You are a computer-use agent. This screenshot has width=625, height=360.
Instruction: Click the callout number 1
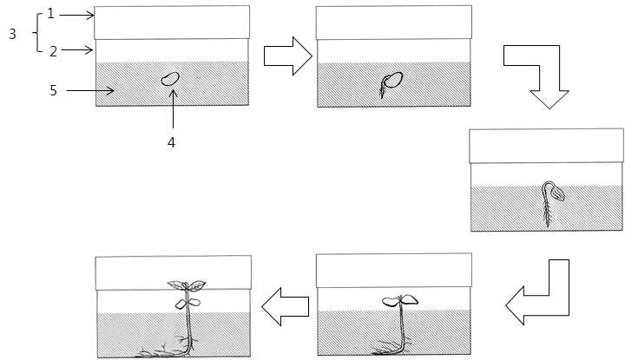[x=50, y=14]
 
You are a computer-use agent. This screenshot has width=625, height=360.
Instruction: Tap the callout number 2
[x=54, y=51]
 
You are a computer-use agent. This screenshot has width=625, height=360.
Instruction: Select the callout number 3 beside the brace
[x=12, y=34]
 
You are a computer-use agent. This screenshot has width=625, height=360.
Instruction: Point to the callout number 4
[x=171, y=142]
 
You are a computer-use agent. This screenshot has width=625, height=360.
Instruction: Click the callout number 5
[x=54, y=90]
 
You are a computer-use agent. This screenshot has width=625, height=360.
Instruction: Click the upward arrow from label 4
[x=173, y=108]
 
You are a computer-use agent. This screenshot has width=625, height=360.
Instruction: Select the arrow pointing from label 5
[x=90, y=91]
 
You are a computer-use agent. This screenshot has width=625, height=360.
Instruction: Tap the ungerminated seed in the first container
[x=171, y=79]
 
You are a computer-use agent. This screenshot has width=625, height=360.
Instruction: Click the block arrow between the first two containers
[x=288, y=56]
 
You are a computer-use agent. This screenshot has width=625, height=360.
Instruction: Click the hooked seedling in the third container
[x=552, y=203]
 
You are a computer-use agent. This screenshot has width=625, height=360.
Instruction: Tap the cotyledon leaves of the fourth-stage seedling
[x=400, y=300]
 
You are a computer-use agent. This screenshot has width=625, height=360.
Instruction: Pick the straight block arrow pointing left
[x=286, y=306]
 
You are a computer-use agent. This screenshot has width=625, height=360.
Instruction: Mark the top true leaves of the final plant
[x=187, y=285]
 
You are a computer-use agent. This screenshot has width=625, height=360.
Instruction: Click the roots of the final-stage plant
[x=166, y=348]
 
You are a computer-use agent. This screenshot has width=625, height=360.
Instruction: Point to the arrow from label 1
[x=76, y=16]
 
